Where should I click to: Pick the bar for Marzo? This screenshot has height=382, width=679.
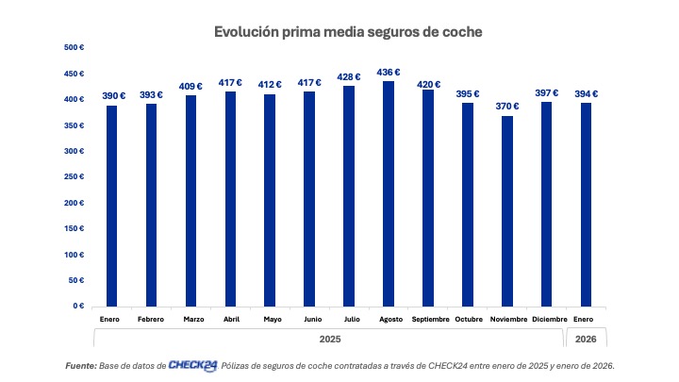pyautogui.click(x=191, y=200)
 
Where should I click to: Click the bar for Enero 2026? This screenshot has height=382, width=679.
pyautogui.click(x=587, y=204)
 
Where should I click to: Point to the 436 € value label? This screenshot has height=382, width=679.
pyautogui.click(x=388, y=72)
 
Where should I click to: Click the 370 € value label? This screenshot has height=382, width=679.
pyautogui.click(x=507, y=106)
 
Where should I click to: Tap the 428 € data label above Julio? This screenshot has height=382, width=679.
pyautogui.click(x=348, y=76)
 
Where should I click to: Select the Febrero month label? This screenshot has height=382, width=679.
pyautogui.click(x=151, y=319)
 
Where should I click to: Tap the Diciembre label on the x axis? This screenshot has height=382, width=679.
pyautogui.click(x=547, y=319)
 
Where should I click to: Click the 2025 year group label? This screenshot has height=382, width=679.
pyautogui.click(x=329, y=339)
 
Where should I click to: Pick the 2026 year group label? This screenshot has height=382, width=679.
pyautogui.click(x=586, y=339)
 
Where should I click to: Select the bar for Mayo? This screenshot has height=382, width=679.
pyautogui.click(x=272, y=200)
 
